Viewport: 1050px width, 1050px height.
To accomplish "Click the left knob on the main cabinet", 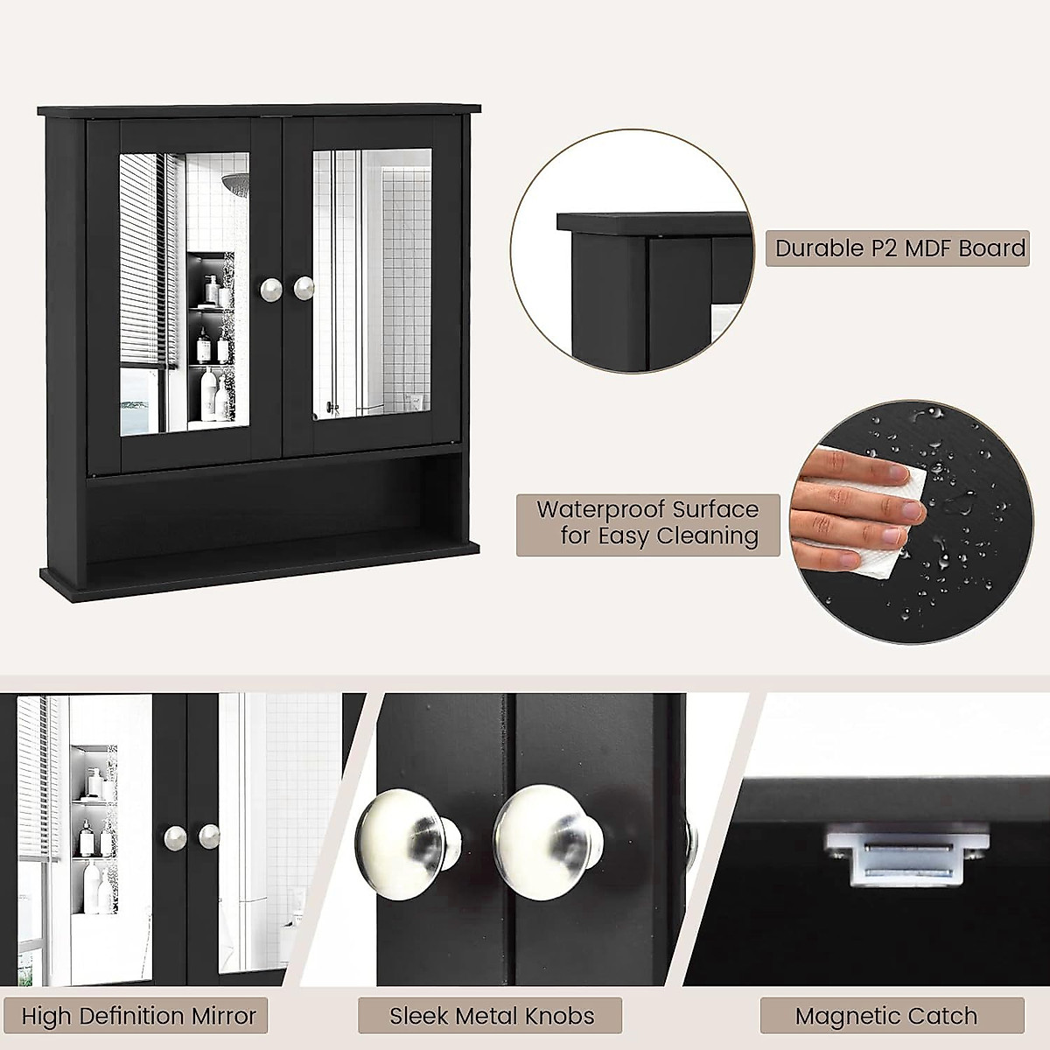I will pyautogui.click(x=269, y=288).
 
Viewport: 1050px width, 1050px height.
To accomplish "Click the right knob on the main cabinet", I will pyautogui.click(x=304, y=288).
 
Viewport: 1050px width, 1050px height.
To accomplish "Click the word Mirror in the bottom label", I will pyautogui.click(x=220, y=1016).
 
